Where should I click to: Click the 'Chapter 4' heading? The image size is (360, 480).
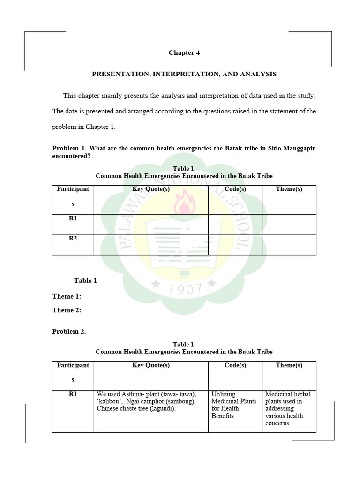[x=184, y=53]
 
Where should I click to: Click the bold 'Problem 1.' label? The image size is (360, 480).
[x=69, y=149]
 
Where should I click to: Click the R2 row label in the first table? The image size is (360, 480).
[x=73, y=238]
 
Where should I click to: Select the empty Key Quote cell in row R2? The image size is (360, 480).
[x=151, y=245]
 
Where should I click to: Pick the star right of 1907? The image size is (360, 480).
[x=211, y=283]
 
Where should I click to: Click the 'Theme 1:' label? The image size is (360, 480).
[x=67, y=296]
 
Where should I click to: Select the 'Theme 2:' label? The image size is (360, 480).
[x=67, y=310]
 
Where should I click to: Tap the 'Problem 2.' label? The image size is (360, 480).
[x=69, y=331]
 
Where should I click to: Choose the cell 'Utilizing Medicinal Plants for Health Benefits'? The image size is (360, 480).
[x=234, y=405]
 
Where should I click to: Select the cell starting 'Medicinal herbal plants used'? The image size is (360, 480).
[x=288, y=408]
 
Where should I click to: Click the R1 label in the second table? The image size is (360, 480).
[x=73, y=394]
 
